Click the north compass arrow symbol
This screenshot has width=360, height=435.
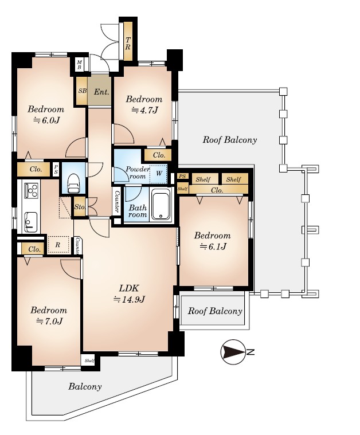click(x=233, y=352)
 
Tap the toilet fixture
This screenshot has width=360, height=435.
click(x=73, y=182)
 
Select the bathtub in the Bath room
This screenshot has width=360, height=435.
click(x=161, y=205)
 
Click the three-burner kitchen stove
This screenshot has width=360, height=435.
click(x=31, y=190)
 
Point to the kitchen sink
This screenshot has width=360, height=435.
click(x=30, y=222)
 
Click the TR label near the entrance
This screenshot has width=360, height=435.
click(x=128, y=44)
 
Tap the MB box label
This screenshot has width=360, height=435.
click(x=79, y=65)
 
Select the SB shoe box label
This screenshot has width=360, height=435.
click(x=83, y=91)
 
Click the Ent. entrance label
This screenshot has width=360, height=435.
click(x=101, y=92)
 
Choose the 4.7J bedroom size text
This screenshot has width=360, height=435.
click(x=144, y=111)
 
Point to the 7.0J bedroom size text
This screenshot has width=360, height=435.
click(x=49, y=321)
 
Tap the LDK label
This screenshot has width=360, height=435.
click(x=129, y=288)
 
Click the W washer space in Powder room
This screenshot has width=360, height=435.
click(x=159, y=174)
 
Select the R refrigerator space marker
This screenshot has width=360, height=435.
click(x=58, y=244)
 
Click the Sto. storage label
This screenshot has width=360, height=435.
click(x=80, y=207)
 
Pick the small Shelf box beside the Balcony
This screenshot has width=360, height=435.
click(x=89, y=360)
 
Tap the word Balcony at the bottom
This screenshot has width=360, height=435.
click(x=85, y=386)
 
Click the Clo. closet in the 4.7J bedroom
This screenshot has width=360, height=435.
click(x=158, y=155)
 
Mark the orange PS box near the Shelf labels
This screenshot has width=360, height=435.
click(x=182, y=176)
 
